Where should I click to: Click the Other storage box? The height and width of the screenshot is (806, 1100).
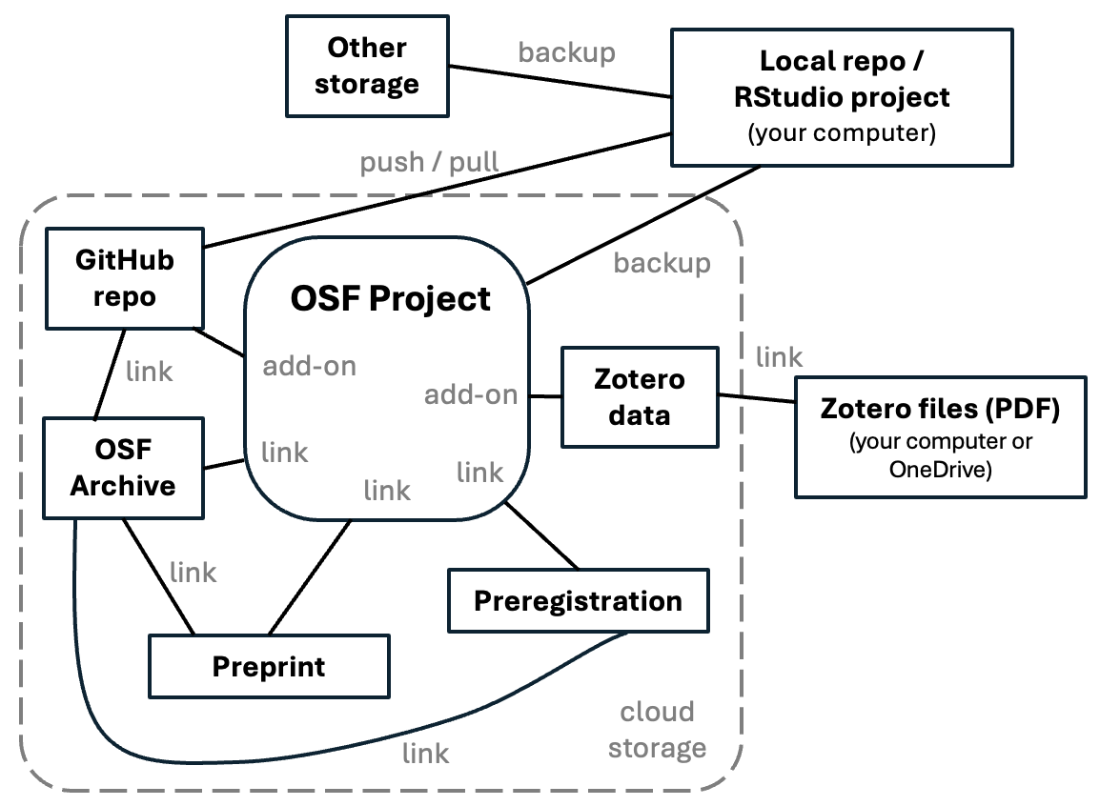(367, 66)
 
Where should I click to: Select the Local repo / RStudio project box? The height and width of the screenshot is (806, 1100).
(842, 97)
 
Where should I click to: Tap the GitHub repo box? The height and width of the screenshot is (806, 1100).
(124, 278)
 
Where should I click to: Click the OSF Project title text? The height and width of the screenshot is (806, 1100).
(390, 298)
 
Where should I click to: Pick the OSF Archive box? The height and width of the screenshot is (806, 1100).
(123, 467)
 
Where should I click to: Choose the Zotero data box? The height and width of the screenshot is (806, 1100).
(640, 397)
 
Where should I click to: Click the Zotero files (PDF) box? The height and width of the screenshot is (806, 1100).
(940, 437)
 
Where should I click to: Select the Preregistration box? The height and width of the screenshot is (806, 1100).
(578, 601)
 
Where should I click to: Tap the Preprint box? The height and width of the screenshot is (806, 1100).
(269, 666)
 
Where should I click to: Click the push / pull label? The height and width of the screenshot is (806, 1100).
(429, 162)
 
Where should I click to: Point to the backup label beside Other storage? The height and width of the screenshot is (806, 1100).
(566, 51)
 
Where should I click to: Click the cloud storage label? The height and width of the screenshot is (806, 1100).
(657, 730)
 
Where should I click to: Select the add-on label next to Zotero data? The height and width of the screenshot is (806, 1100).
(471, 394)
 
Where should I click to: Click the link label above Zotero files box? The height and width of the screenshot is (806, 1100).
(779, 357)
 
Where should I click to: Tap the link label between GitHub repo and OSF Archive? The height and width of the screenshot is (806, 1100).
(150, 371)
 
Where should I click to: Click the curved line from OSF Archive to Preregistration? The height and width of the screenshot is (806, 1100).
(286, 762)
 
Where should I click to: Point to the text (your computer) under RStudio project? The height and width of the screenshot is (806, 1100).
(842, 133)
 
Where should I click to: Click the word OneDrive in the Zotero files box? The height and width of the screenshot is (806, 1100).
(940, 469)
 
